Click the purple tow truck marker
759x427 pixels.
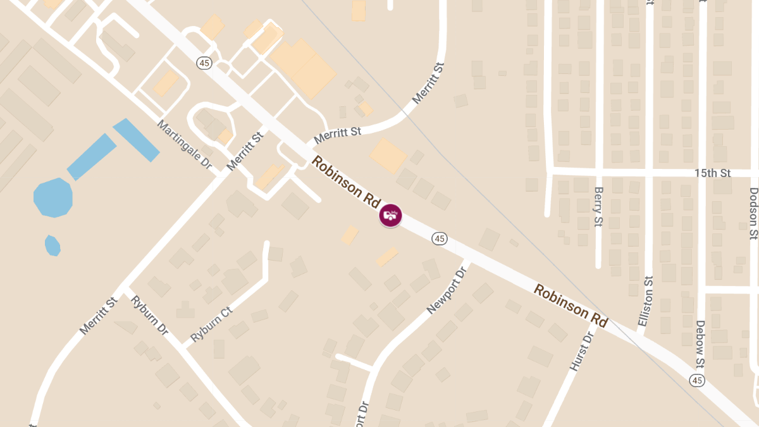pyautogui.click(x=390, y=215)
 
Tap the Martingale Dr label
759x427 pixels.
pyautogui.click(x=185, y=144)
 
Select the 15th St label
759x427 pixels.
pyautogui.click(x=712, y=173)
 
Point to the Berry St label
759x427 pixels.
pyautogui.click(x=598, y=206)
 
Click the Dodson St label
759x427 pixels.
pyautogui.click(x=753, y=213)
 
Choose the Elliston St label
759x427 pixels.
pyautogui.click(x=645, y=301)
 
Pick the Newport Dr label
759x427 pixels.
pyautogui.click(x=447, y=290)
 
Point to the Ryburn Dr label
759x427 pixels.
pyautogui.click(x=149, y=315)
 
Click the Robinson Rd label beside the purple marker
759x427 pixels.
pyautogui.click(x=345, y=182)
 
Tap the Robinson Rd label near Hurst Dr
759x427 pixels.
pyautogui.click(x=571, y=306)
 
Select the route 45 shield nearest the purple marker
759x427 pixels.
pyautogui.click(x=440, y=238)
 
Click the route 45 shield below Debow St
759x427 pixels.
pyautogui.click(x=697, y=380)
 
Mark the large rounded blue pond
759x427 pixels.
pyautogui.click(x=53, y=197)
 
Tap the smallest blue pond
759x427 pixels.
pyautogui.click(x=52, y=245)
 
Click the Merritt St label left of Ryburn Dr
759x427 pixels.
pyautogui.click(x=99, y=316)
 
